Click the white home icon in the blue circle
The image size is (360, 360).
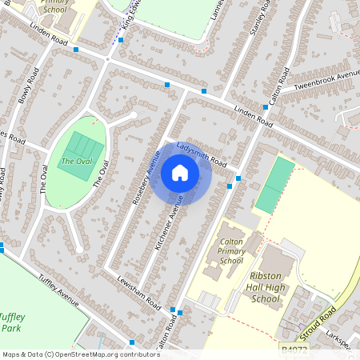(x=180, y=173)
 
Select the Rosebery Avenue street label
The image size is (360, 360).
(x=146, y=178)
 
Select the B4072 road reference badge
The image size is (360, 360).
(x=294, y=349)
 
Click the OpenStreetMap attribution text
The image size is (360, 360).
(x=70, y=354)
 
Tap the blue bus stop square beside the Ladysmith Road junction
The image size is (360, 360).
(x=230, y=186)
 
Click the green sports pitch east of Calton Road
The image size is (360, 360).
(x=274, y=185)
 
